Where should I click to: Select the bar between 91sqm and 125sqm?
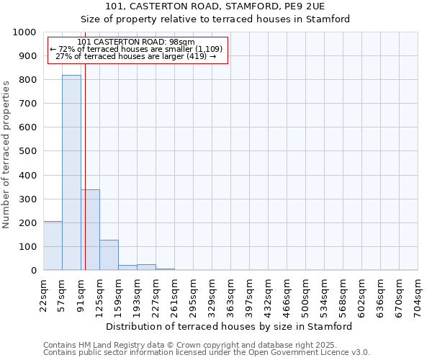click(x=90, y=230)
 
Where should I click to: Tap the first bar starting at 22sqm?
click(x=53, y=246)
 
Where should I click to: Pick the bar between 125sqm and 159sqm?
click(x=109, y=255)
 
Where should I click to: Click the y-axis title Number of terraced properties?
click(x=7, y=154)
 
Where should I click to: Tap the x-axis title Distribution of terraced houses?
click(x=233, y=326)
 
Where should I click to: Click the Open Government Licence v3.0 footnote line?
click(x=206, y=353)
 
